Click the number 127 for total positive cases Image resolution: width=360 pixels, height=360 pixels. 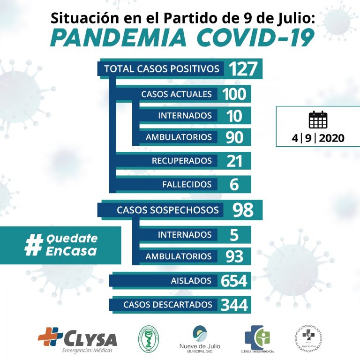click(x=243, y=69)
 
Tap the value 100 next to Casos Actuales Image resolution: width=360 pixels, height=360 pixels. click(x=234, y=94)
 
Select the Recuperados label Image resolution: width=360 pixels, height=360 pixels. click(x=181, y=161)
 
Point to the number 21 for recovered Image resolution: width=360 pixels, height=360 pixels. click(x=234, y=161)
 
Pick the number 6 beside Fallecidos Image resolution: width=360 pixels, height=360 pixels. click(x=234, y=184)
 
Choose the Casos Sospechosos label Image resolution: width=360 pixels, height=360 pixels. click(x=167, y=210)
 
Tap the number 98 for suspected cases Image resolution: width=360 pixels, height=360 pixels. click(x=243, y=210)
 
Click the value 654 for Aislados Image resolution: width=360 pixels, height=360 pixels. click(x=234, y=281)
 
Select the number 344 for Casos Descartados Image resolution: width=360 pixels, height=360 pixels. click(x=234, y=305)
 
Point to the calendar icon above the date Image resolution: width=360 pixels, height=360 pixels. click(x=318, y=120)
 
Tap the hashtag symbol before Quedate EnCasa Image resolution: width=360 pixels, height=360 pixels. click(x=33, y=245)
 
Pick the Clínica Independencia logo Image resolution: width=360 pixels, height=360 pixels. click(x=257, y=339)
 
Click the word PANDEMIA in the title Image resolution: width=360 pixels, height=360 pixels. click(x=119, y=37)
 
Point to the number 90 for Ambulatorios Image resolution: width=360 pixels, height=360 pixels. click(x=234, y=137)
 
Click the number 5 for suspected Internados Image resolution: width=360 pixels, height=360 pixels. click(x=234, y=234)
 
